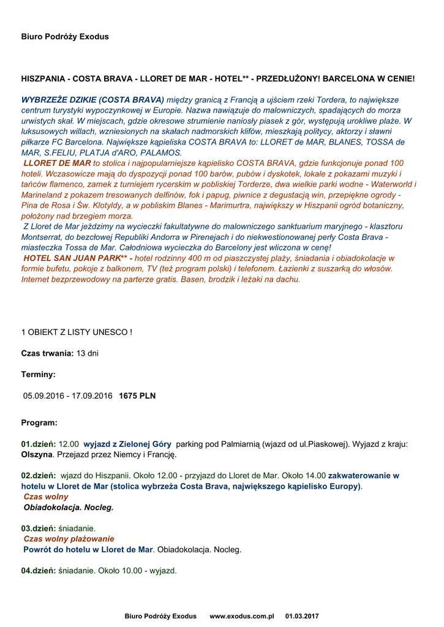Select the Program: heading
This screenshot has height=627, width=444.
[40, 422]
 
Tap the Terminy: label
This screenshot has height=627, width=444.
[39, 374]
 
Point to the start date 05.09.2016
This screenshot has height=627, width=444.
[44, 396]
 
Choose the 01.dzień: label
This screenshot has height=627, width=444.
[39, 443]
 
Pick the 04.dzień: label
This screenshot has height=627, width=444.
[39, 571]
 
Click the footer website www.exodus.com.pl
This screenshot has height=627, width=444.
[241, 616]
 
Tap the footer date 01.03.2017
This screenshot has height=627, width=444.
[302, 616]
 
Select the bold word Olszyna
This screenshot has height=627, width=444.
[37, 454]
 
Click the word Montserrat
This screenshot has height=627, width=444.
[42, 237]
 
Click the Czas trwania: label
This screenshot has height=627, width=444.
[47, 353]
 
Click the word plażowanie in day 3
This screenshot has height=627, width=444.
[91, 539]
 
